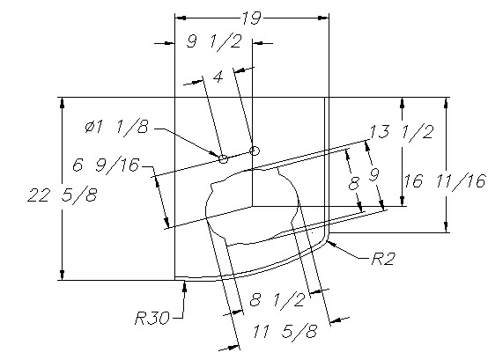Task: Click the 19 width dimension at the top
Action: [x=251, y=18]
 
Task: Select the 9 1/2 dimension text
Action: [x=214, y=41]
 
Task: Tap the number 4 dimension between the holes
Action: [x=218, y=77]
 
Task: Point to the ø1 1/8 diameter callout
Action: [x=116, y=127]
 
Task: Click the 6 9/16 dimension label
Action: [x=106, y=165]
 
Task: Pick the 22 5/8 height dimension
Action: [x=63, y=195]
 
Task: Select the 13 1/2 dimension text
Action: [x=402, y=132]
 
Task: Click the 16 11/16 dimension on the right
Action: [x=445, y=181]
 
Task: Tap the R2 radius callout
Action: [x=383, y=259]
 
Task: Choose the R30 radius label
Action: [x=152, y=318]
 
